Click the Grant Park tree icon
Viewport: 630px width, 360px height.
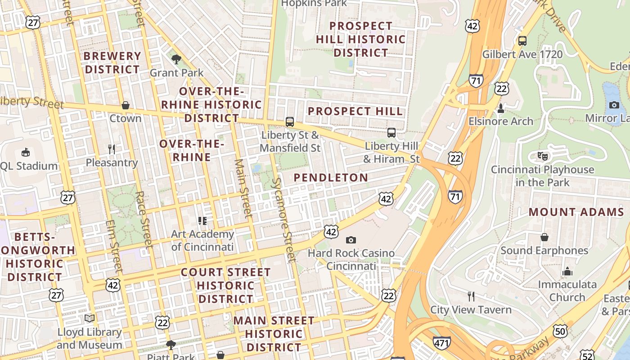click(176, 59)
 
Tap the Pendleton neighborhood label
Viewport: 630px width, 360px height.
click(331, 178)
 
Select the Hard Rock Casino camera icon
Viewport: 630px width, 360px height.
click(351, 240)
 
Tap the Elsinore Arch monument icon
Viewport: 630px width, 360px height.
click(500, 108)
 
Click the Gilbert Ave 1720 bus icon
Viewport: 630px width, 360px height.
click(522, 41)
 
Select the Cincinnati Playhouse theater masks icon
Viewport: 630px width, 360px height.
click(543, 157)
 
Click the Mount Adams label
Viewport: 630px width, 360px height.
click(576, 212)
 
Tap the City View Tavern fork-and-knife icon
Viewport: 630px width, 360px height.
click(471, 296)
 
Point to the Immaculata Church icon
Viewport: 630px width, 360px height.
click(567, 271)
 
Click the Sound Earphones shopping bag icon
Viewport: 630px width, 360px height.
click(544, 237)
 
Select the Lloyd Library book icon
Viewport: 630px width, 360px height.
click(90, 319)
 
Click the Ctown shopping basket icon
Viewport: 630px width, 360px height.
click(126, 105)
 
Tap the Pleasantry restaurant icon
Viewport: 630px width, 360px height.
click(112, 149)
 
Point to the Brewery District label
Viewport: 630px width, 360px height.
click(112, 63)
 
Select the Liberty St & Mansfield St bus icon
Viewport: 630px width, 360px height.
click(290, 122)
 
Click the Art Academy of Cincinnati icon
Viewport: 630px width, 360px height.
click(202, 221)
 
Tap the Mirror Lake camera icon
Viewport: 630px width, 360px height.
click(614, 105)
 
